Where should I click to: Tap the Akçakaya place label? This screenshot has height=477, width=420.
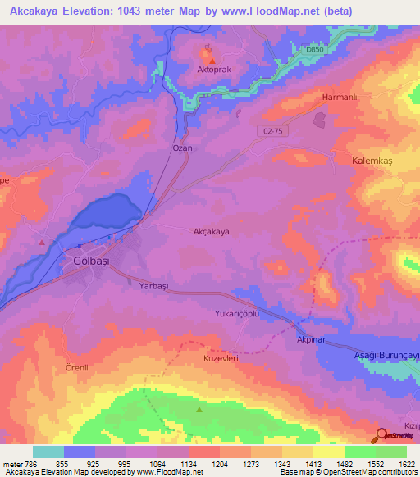tap(211, 232)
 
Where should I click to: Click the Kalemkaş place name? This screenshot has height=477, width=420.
tap(373, 161)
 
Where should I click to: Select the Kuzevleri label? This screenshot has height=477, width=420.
tap(220, 359)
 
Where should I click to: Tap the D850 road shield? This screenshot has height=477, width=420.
tap(315, 50)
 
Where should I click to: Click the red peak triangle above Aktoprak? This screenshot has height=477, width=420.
tap(212, 61)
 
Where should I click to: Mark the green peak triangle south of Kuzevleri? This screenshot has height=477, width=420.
tap(199, 409)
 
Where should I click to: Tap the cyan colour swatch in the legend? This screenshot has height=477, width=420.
tap(48, 452)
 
